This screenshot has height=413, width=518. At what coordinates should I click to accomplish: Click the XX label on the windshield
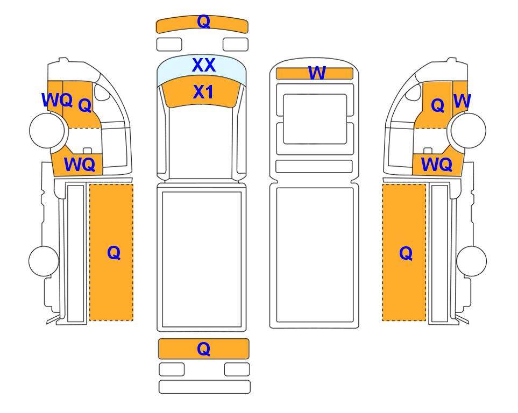(204, 65)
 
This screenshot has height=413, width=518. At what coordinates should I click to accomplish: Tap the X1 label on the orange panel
(203, 92)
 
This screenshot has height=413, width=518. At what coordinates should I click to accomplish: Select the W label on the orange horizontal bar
(317, 73)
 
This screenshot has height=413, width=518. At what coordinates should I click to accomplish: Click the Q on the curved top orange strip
(203, 22)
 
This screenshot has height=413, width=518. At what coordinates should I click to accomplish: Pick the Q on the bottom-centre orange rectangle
(203, 348)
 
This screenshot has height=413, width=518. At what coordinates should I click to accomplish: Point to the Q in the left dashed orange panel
(113, 253)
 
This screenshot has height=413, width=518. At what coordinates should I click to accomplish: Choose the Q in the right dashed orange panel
(406, 253)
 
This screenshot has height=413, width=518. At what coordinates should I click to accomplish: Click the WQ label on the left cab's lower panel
(80, 164)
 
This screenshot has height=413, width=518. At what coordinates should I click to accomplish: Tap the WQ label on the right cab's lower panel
(436, 164)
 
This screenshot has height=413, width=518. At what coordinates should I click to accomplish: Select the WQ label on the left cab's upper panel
(57, 100)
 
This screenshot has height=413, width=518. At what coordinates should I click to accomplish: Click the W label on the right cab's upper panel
(462, 101)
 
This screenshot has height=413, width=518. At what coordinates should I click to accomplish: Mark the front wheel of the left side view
(47, 130)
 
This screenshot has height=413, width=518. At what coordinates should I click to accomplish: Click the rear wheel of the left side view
(44, 261)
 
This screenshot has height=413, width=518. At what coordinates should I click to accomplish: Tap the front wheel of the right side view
(469, 131)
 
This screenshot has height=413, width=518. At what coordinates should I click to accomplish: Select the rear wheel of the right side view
(471, 261)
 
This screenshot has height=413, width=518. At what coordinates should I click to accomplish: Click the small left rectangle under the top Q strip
(169, 44)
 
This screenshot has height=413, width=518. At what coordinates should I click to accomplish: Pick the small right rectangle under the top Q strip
(236, 44)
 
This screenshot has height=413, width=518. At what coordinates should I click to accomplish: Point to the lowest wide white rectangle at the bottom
(204, 387)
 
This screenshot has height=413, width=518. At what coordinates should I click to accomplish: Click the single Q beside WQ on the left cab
(85, 106)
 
